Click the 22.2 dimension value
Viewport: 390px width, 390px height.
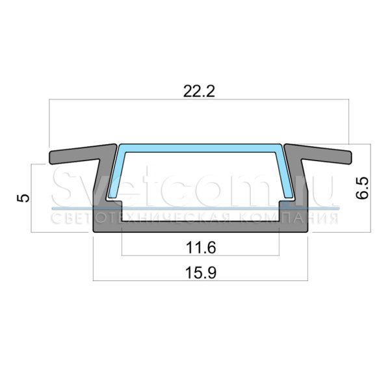pyautogui.click(x=199, y=91)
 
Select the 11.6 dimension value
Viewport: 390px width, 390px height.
pyautogui.click(x=201, y=248)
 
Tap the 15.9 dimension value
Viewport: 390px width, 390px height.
pyautogui.click(x=201, y=272)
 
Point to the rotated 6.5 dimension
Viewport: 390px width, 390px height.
pyautogui.click(x=362, y=188)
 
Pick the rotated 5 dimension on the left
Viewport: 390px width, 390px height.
pyautogui.click(x=23, y=198)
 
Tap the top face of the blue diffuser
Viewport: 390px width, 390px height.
pyautogui.click(x=200, y=148)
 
